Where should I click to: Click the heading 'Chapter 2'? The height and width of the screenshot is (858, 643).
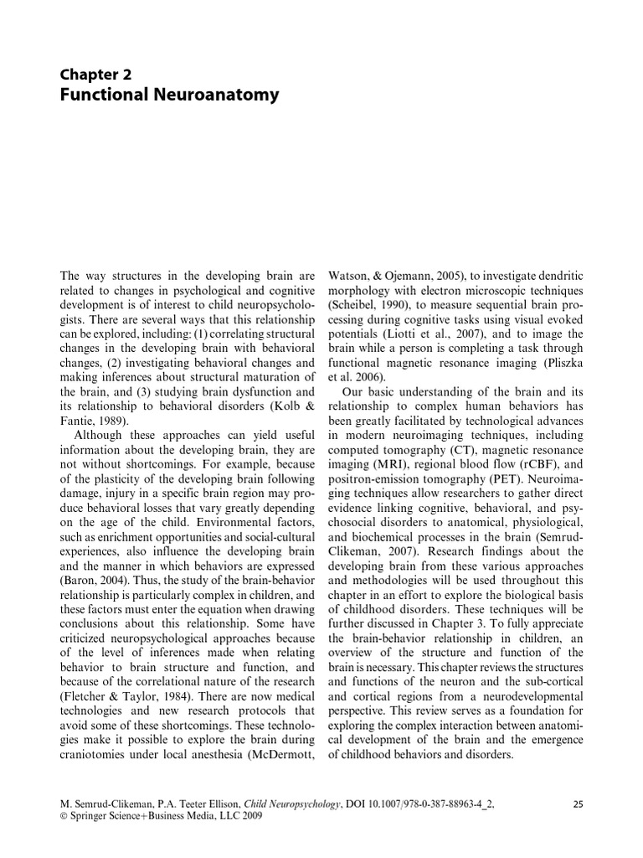click(x=95, y=74)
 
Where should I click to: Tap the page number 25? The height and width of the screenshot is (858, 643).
click(x=577, y=804)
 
